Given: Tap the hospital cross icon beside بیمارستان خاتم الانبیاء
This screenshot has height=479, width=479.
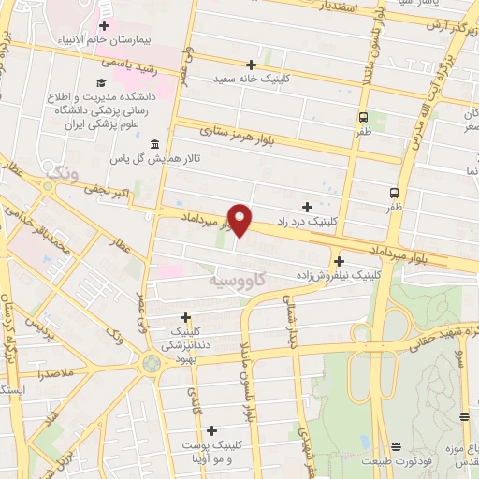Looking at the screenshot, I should (104, 26).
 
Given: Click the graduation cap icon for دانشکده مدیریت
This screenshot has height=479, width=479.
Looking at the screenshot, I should (100, 83).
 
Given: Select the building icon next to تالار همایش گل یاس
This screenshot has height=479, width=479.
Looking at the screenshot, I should (154, 144).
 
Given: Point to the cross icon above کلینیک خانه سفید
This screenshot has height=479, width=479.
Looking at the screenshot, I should (251, 65).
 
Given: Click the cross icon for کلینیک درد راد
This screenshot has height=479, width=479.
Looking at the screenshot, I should (307, 206).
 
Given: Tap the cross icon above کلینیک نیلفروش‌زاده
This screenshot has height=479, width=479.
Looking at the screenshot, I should (339, 261).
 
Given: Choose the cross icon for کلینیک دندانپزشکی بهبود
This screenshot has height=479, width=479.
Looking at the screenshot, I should (185, 317).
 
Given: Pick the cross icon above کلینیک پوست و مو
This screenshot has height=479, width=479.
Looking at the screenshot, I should (213, 431).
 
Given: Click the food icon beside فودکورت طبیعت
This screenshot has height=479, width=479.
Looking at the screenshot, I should (396, 446).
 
